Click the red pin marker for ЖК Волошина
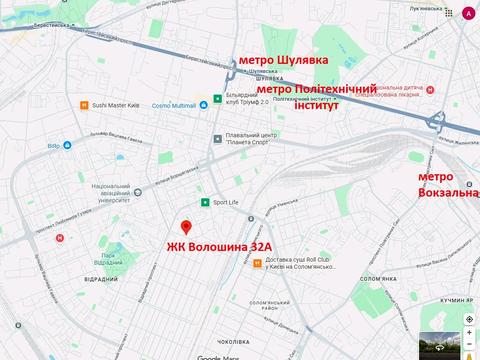(185, 226)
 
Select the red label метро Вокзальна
(446, 184)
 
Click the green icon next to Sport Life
(206, 202)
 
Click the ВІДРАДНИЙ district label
(96, 279)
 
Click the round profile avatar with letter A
(469, 13)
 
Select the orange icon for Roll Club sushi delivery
(258, 264)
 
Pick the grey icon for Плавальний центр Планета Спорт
(216, 139)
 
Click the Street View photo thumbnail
(437, 344)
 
